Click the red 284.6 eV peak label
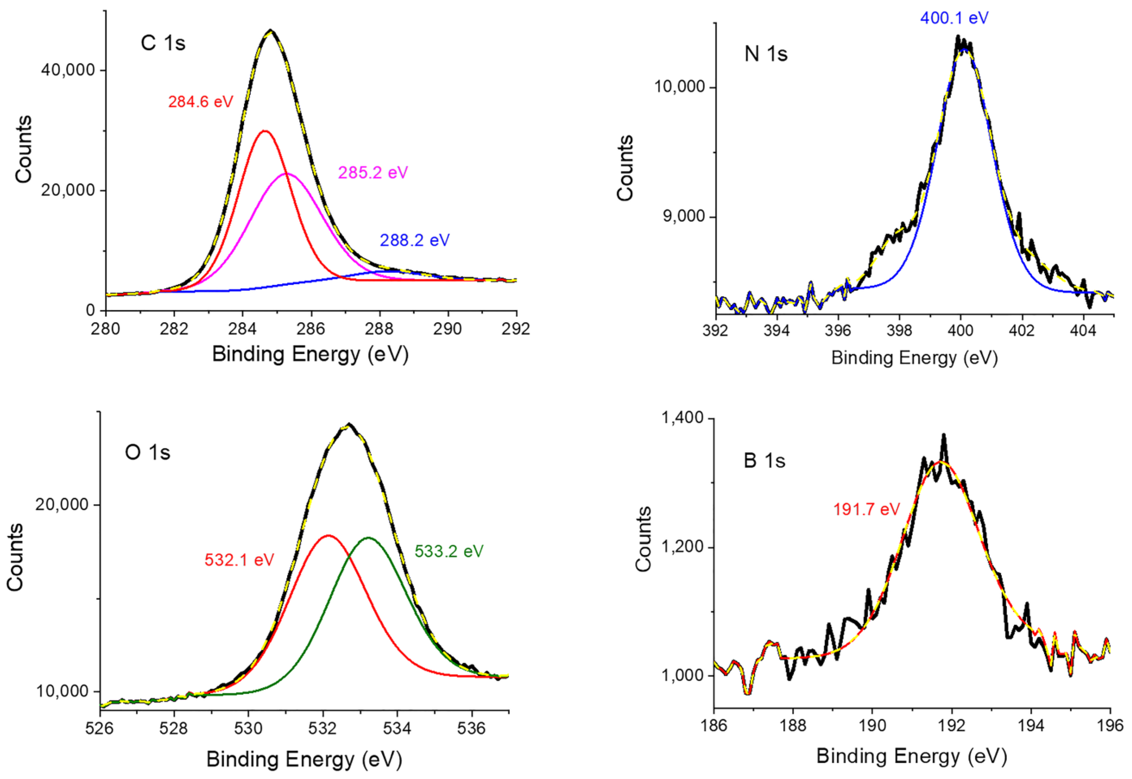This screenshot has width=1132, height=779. [200, 102]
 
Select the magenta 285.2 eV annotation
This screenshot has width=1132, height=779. [373, 173]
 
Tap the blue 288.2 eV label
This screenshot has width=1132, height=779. [414, 240]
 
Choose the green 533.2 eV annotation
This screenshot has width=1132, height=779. [449, 551]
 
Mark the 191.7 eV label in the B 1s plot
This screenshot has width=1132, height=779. [866, 509]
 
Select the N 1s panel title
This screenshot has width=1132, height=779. [766, 54]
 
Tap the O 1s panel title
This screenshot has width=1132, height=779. [147, 452]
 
